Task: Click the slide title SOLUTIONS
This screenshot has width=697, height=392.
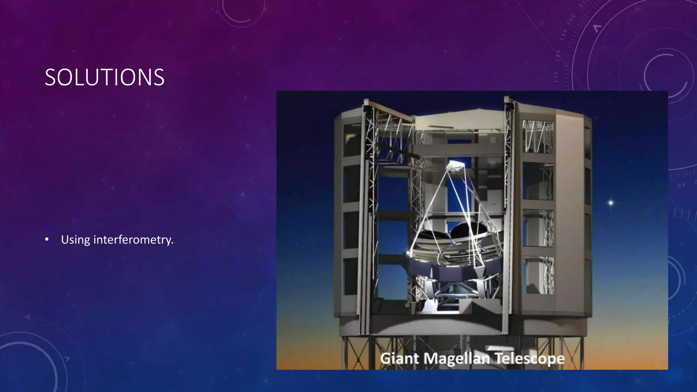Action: coord(104,77)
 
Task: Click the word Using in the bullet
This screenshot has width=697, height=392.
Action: coord(76,240)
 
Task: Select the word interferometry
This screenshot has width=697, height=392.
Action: coord(133,240)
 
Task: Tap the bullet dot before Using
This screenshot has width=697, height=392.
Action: coord(47,240)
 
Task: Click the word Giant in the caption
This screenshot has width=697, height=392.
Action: coord(399,359)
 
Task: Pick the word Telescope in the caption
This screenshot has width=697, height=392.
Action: coord(529,359)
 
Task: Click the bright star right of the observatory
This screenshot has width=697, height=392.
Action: coord(611,203)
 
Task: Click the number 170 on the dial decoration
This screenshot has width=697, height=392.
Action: coord(556,77)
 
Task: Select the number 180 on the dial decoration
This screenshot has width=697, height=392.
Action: coord(558,55)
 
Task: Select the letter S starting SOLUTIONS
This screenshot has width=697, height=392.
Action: coord(50,78)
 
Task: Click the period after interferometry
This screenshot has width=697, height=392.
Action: coord(172,244)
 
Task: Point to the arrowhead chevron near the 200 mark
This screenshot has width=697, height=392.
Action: coord(597,28)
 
